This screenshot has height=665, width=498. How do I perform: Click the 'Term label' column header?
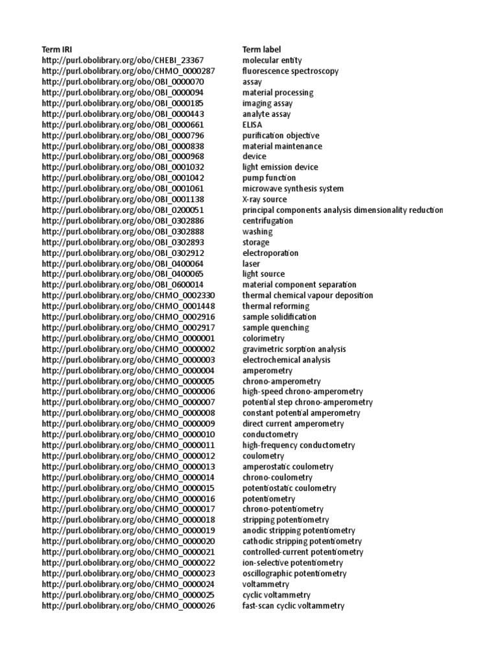click(x=262, y=49)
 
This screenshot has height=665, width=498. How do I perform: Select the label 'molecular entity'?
click(x=272, y=60)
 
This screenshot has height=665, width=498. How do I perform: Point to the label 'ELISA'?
click(x=252, y=125)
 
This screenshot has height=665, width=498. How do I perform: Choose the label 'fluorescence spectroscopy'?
click(x=290, y=71)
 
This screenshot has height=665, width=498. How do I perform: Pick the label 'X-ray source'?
click(x=264, y=199)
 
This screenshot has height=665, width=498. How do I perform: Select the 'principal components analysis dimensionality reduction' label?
click(x=342, y=210)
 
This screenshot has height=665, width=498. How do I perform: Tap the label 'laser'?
click(x=251, y=264)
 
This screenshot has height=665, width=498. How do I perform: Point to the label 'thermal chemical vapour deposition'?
click(x=307, y=295)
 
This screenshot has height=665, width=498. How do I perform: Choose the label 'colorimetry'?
click(x=263, y=338)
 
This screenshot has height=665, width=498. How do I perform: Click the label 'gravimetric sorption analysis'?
click(x=294, y=349)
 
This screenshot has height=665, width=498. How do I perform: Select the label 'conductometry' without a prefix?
click(x=270, y=434)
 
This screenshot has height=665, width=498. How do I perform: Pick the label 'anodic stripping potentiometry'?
click(x=298, y=531)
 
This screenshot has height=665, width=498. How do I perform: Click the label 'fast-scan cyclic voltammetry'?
click(x=293, y=606)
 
